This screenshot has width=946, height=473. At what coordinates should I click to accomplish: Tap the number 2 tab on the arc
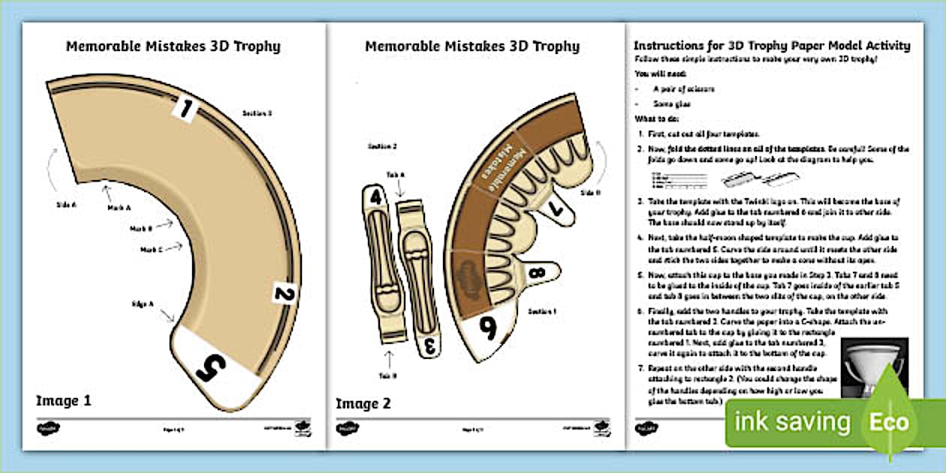point(282,294)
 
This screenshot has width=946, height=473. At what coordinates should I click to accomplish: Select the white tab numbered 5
point(212,367)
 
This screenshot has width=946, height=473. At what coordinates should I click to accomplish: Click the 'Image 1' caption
point(64,401)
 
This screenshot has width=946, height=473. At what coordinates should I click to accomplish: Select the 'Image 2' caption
point(363,403)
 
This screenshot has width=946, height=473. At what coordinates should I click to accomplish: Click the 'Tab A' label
point(397,174)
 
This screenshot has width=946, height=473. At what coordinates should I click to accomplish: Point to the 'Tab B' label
point(388,375)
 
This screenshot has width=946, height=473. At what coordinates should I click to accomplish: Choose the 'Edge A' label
point(143,303)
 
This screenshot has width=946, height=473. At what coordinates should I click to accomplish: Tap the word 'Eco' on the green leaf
point(890,422)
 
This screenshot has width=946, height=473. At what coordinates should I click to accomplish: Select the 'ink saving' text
point(793,422)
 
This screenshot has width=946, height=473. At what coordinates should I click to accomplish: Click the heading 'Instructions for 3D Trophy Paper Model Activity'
point(772,46)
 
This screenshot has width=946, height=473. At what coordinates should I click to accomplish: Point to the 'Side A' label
point(66,203)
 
